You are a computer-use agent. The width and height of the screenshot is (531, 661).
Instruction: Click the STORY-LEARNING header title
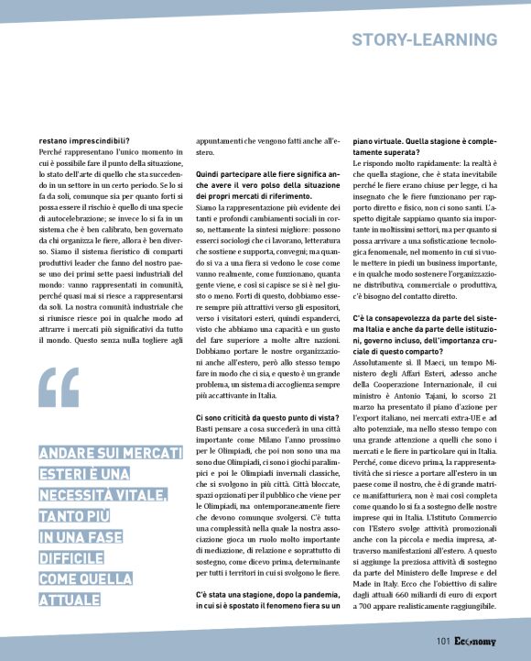click(425, 39)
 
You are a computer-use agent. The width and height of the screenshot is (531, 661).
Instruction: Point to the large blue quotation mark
click(60, 389)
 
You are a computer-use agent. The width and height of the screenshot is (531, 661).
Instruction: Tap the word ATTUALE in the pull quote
click(69, 600)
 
